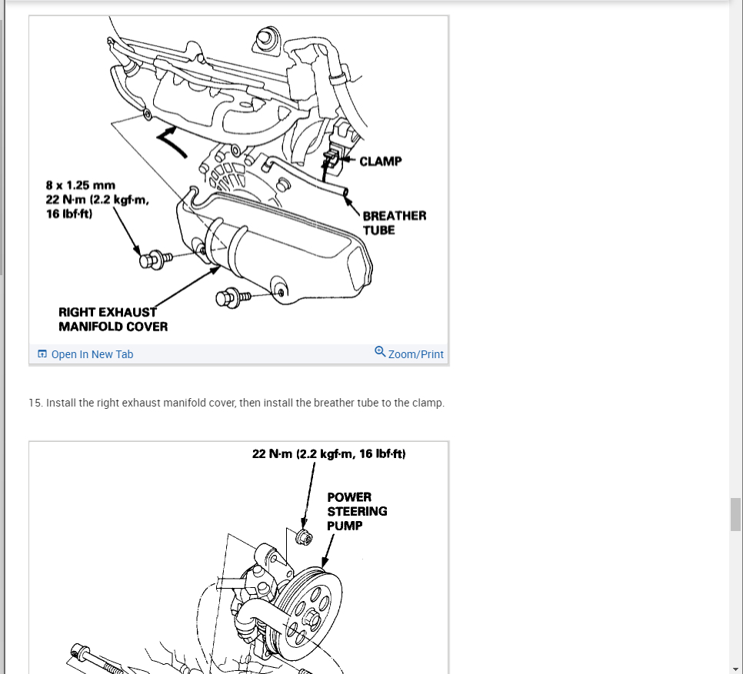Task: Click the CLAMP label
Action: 380,161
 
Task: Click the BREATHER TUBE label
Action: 394,223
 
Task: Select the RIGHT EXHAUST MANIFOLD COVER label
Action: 112,319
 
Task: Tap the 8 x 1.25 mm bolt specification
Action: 81,185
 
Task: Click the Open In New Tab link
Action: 92,354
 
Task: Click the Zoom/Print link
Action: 415,354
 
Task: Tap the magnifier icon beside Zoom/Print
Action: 380,352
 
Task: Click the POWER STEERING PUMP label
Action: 357,511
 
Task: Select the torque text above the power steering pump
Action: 328,454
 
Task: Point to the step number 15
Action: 35,403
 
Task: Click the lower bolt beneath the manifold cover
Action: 230,296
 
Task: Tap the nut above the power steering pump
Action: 304,536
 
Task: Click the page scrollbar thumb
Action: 735,514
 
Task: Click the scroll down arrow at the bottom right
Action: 735,667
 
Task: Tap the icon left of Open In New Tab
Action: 42,354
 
